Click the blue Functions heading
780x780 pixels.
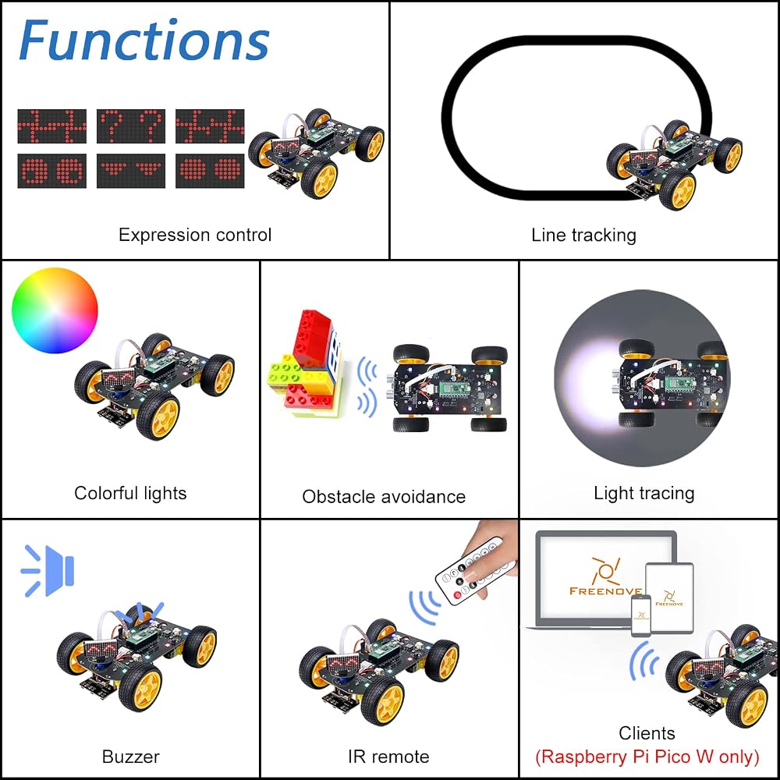click(x=144, y=40)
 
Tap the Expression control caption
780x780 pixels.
click(x=195, y=235)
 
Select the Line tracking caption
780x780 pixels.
click(x=583, y=235)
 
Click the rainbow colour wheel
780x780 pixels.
click(x=55, y=310)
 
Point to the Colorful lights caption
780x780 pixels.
click(x=130, y=493)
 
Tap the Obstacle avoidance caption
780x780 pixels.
click(x=384, y=496)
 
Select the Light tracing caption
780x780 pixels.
click(x=644, y=493)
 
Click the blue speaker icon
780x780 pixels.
click(x=48, y=570)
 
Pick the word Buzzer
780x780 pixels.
click(x=130, y=757)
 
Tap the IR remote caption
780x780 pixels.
click(x=388, y=757)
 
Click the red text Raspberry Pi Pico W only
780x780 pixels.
click(x=647, y=757)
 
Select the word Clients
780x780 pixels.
click(x=647, y=733)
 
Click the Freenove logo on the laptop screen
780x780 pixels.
click(x=605, y=577)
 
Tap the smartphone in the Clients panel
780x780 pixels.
click(x=641, y=616)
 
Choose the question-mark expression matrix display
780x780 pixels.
click(x=131, y=126)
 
